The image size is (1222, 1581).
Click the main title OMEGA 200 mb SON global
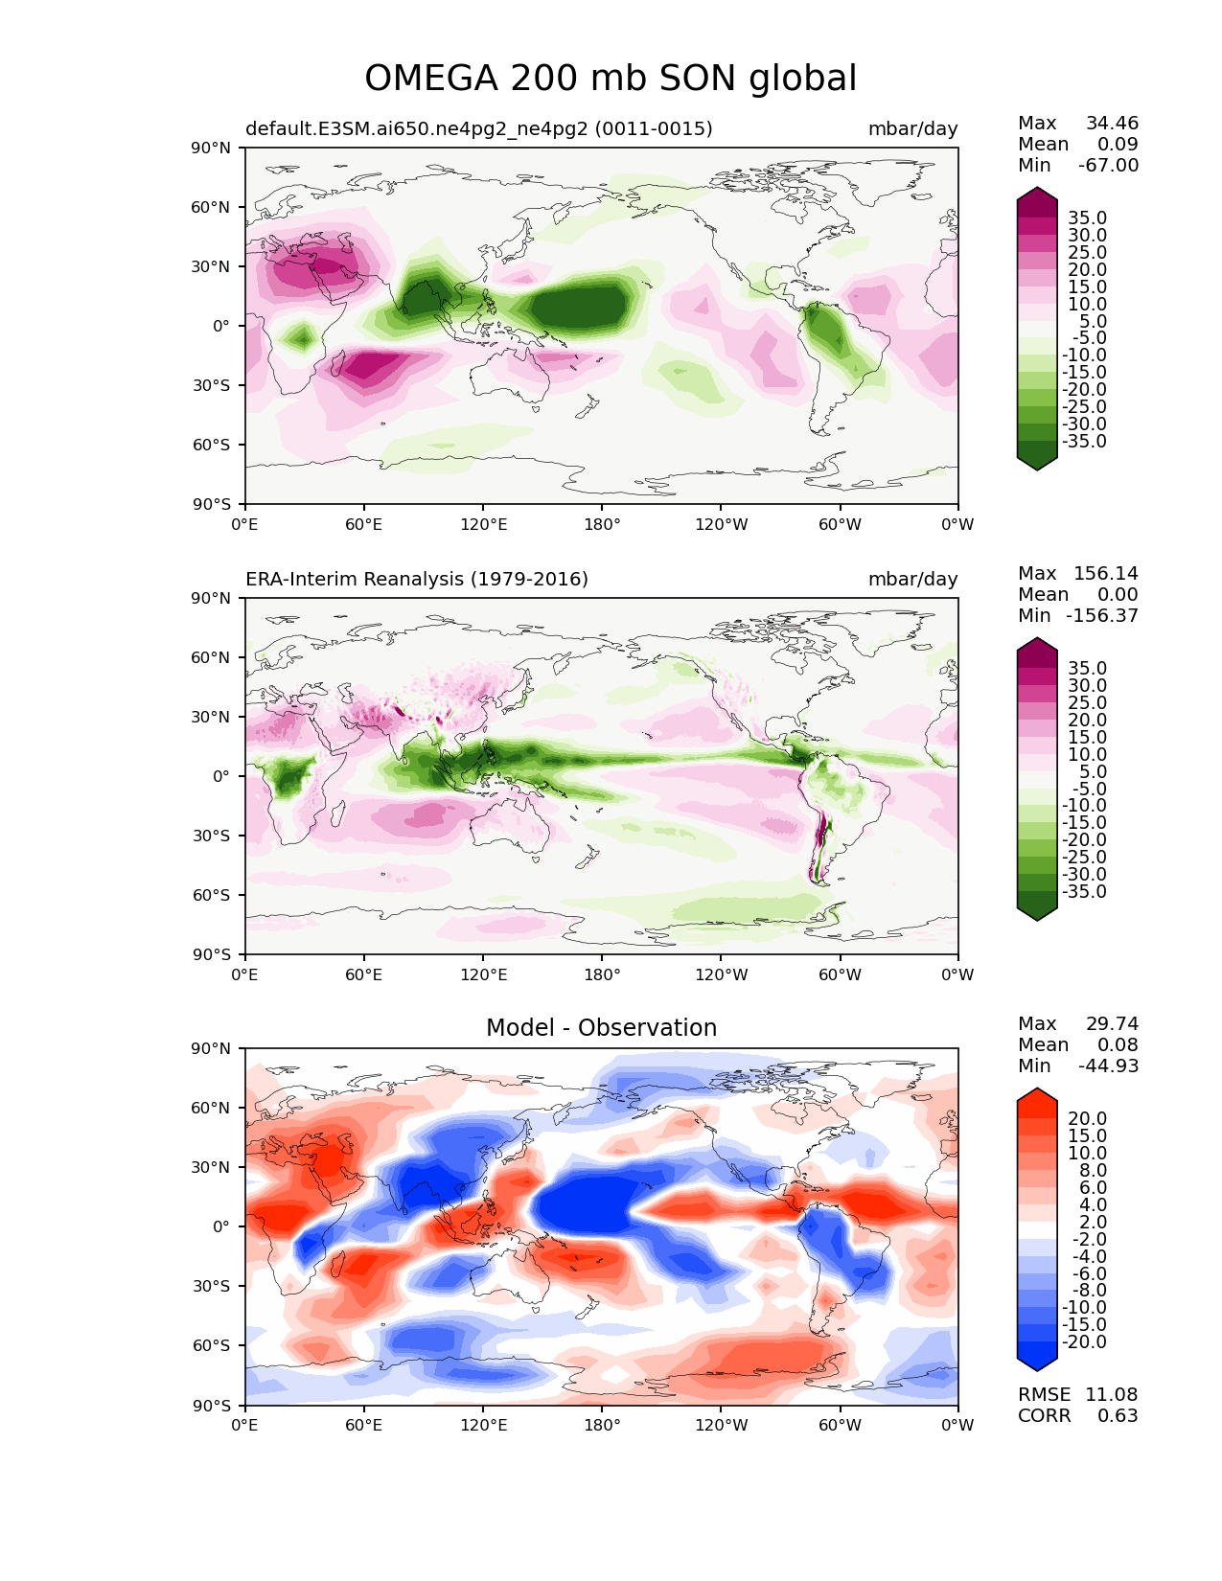(611, 79)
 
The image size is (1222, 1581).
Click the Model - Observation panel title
(601, 1027)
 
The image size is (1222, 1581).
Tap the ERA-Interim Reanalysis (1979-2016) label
(416, 579)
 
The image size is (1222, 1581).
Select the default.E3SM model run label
(479, 128)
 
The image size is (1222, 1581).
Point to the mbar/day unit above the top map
(912, 129)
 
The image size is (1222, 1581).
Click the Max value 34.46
(1112, 123)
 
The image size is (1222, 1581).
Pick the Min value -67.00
(1109, 165)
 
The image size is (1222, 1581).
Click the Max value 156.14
(1106, 573)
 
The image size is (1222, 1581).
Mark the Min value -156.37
(1102, 615)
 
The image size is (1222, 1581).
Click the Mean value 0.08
(1118, 1044)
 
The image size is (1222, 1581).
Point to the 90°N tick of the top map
(211, 148)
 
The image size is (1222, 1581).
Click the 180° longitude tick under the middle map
(602, 974)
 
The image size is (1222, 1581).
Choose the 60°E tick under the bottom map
(364, 1425)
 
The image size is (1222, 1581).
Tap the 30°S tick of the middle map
(211, 836)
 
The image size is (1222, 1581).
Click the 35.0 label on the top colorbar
(1088, 218)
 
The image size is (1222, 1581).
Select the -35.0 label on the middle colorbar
(1084, 891)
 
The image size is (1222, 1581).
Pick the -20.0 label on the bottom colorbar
(1084, 1341)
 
